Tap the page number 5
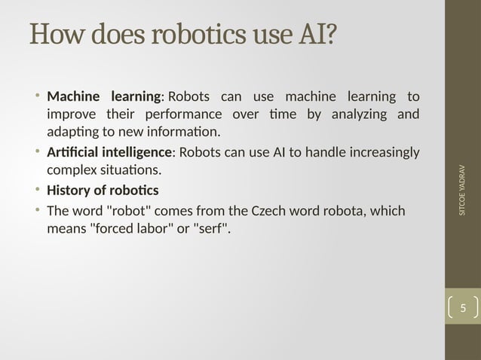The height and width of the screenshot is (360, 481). tap(463, 308)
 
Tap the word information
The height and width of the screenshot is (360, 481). tap(180, 133)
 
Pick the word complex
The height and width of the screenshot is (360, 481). tap(71, 171)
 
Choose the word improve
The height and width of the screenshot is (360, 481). tap(70, 114)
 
